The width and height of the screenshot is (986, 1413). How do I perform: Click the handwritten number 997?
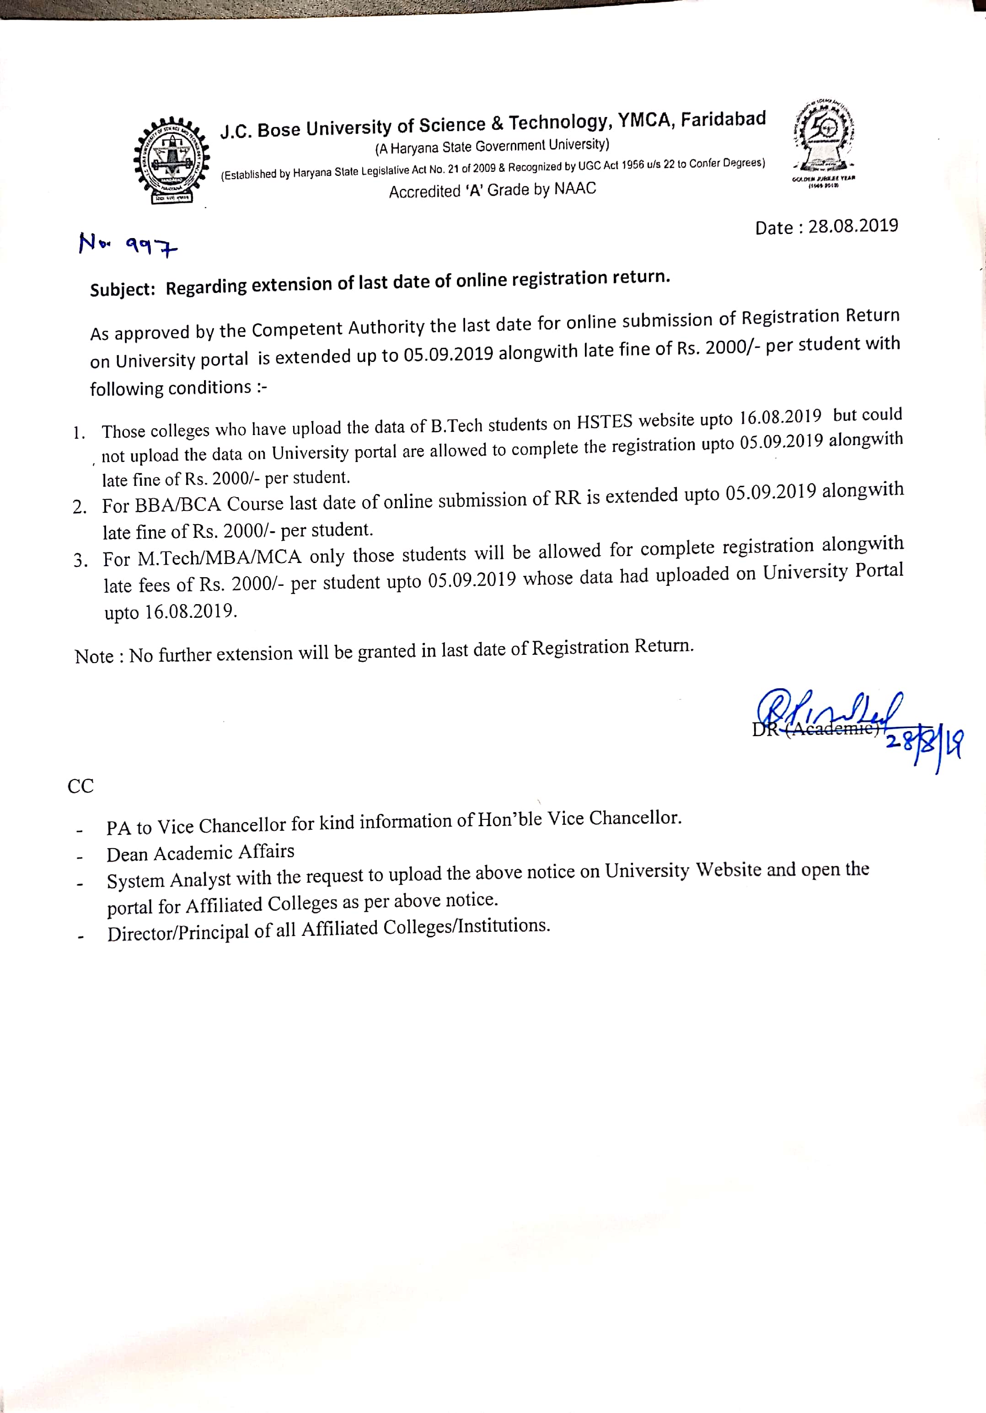point(151,247)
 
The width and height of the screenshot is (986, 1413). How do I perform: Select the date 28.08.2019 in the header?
point(853,226)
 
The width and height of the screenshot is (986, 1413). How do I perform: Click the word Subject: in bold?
point(123,289)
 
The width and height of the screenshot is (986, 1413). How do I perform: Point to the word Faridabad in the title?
point(723,119)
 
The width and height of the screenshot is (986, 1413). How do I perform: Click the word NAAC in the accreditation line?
point(575,188)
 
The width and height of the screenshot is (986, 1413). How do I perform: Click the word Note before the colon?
point(94,657)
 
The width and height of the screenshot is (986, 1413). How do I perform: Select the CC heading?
point(80,786)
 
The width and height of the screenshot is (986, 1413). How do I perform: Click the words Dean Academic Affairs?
point(200,854)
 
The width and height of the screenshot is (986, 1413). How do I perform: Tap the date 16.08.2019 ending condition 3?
point(190,612)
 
